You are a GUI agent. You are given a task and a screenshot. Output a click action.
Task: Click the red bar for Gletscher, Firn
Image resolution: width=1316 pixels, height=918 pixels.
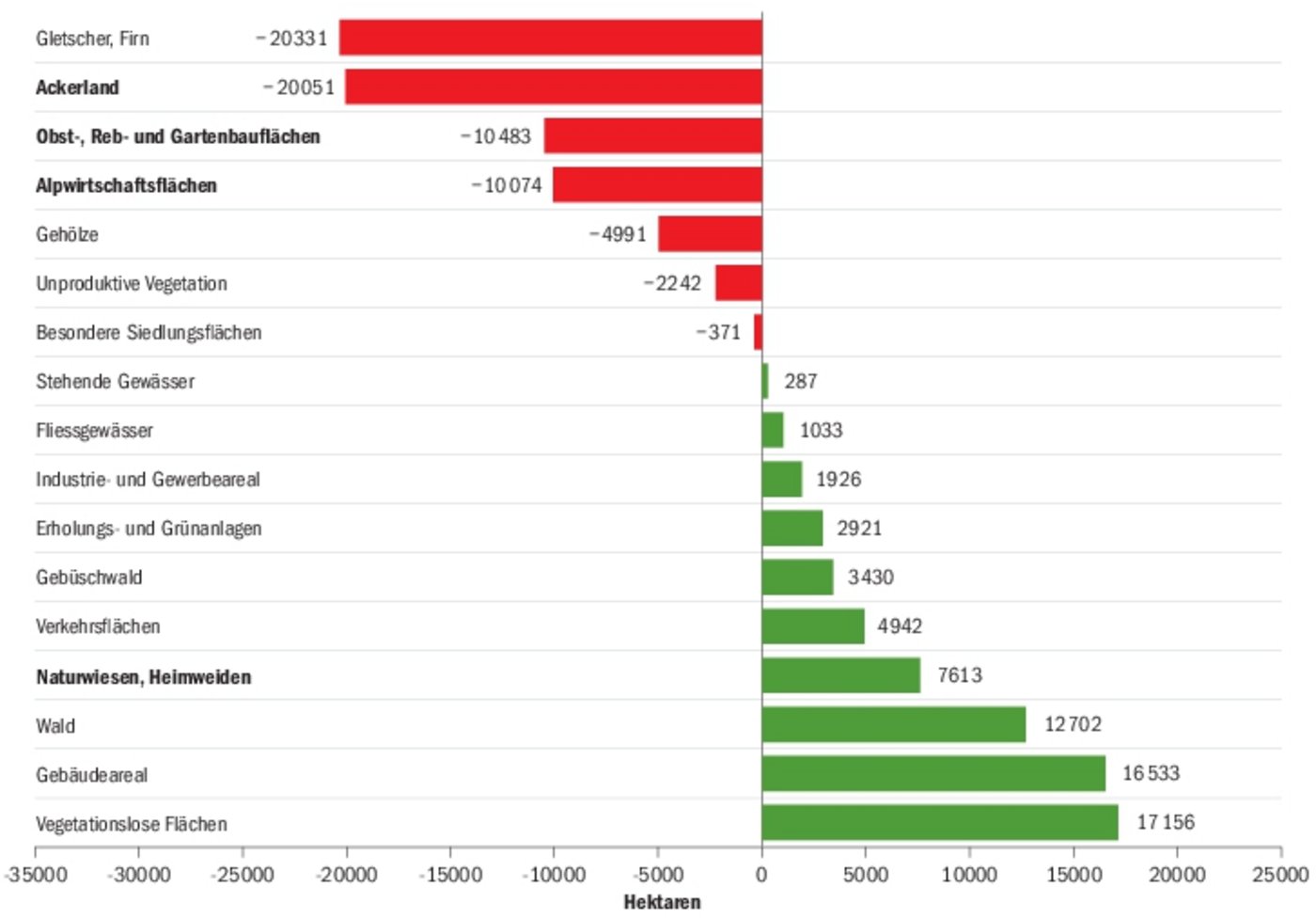550,38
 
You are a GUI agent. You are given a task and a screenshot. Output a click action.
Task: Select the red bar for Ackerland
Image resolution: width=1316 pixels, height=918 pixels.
553,87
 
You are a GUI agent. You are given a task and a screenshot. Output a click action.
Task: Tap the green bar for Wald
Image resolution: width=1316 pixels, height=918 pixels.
893,724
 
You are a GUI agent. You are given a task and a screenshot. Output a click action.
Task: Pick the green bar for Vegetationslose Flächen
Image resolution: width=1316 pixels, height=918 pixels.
940,822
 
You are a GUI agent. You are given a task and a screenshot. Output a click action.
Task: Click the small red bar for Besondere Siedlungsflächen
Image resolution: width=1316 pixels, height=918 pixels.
758,332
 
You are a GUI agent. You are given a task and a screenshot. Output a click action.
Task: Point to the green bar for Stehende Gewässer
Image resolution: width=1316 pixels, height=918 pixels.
765,381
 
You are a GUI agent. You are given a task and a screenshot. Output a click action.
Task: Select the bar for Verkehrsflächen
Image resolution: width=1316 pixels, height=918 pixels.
813,626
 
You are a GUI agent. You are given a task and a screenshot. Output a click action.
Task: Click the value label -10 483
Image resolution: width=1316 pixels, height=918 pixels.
495,136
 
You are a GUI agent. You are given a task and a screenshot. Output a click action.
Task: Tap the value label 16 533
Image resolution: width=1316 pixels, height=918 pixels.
1151,773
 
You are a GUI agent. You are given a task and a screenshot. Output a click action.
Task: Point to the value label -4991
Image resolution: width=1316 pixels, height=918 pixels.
618,234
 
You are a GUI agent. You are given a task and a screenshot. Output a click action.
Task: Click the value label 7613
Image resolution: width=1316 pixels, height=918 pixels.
959,675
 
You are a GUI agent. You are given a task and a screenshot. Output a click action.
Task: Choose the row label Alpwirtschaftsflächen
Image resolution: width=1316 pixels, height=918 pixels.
126,185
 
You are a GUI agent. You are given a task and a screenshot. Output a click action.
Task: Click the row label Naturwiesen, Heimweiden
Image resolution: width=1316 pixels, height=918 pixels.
143,677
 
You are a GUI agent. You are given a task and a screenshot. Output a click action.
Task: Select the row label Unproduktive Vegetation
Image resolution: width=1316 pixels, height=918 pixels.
132,283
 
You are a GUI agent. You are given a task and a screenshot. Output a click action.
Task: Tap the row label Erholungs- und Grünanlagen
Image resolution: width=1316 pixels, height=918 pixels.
149,529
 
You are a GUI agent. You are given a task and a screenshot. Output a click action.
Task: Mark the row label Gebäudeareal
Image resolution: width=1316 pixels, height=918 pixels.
91,775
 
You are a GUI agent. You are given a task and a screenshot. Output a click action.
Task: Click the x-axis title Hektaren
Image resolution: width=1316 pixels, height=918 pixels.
662,902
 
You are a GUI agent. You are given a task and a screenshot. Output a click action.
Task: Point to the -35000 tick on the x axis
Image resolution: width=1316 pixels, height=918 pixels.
36,876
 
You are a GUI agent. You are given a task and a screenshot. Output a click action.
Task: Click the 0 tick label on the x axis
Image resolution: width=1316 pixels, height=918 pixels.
761,876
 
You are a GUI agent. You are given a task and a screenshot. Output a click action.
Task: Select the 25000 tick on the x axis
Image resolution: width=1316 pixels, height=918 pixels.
1279,876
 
